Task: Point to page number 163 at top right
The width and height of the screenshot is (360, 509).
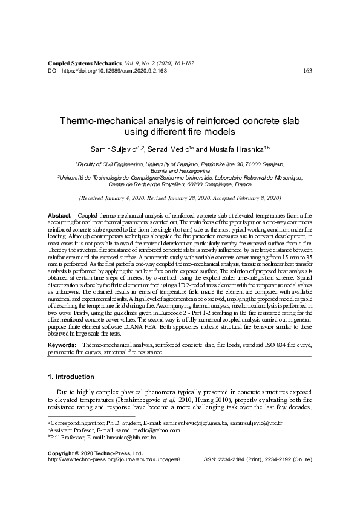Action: (x=307, y=70)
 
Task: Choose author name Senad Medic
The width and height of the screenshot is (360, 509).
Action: (x=176, y=149)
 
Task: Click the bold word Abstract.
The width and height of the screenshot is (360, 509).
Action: (x=59, y=216)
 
